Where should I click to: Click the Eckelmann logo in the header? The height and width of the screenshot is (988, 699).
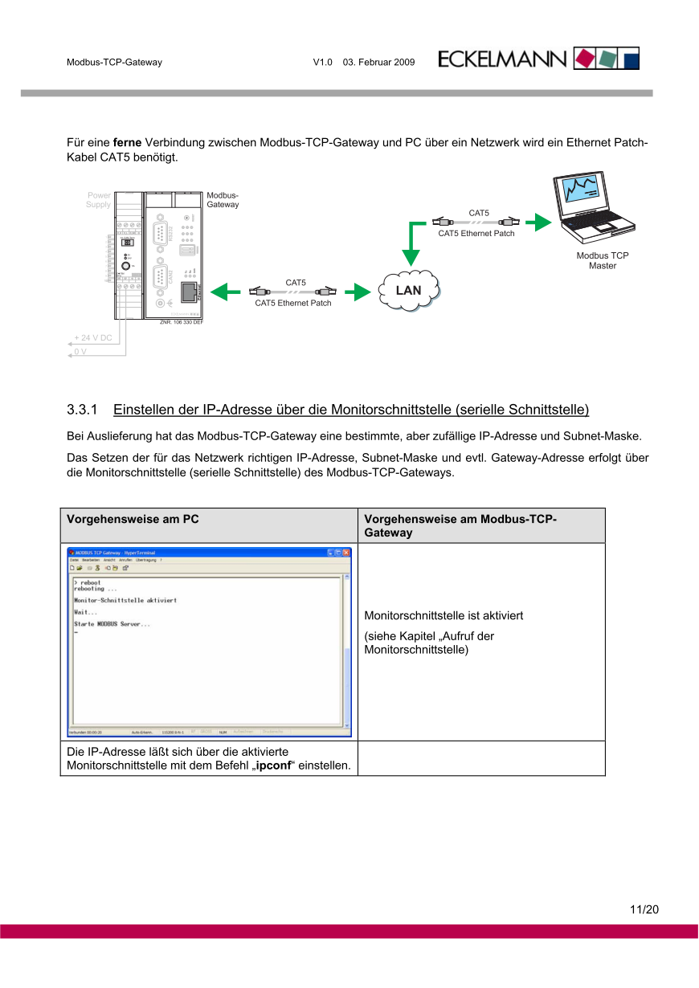538,59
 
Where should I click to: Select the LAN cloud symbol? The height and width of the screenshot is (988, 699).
408,290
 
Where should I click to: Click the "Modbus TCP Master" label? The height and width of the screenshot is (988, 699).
603,261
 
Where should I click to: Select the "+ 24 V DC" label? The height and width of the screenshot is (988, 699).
93,338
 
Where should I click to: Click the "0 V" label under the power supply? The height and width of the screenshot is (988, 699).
80,352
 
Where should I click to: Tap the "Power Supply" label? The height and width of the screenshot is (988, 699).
99,200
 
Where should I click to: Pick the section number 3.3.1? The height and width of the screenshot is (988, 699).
82,410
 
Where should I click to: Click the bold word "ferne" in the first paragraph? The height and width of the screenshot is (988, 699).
128,143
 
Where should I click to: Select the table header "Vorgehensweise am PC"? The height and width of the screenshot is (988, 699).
133,519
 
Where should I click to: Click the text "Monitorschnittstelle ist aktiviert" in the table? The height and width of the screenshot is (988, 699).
444,616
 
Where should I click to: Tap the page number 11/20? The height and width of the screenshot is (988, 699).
644,910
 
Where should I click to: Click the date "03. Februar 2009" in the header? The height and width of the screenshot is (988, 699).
378,62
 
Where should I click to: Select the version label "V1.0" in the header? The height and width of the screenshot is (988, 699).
322,62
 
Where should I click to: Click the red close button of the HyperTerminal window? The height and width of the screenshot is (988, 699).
347,553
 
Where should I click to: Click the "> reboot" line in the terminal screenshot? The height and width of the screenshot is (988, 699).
88,582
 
